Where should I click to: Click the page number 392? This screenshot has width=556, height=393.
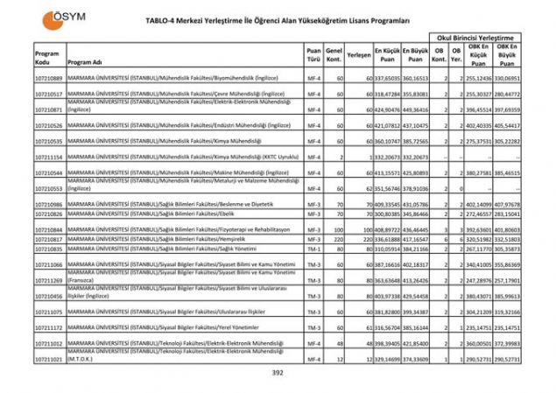[278, 374]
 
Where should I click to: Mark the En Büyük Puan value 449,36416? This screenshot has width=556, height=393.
[416, 110]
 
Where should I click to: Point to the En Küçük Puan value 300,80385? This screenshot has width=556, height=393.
[387, 214]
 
